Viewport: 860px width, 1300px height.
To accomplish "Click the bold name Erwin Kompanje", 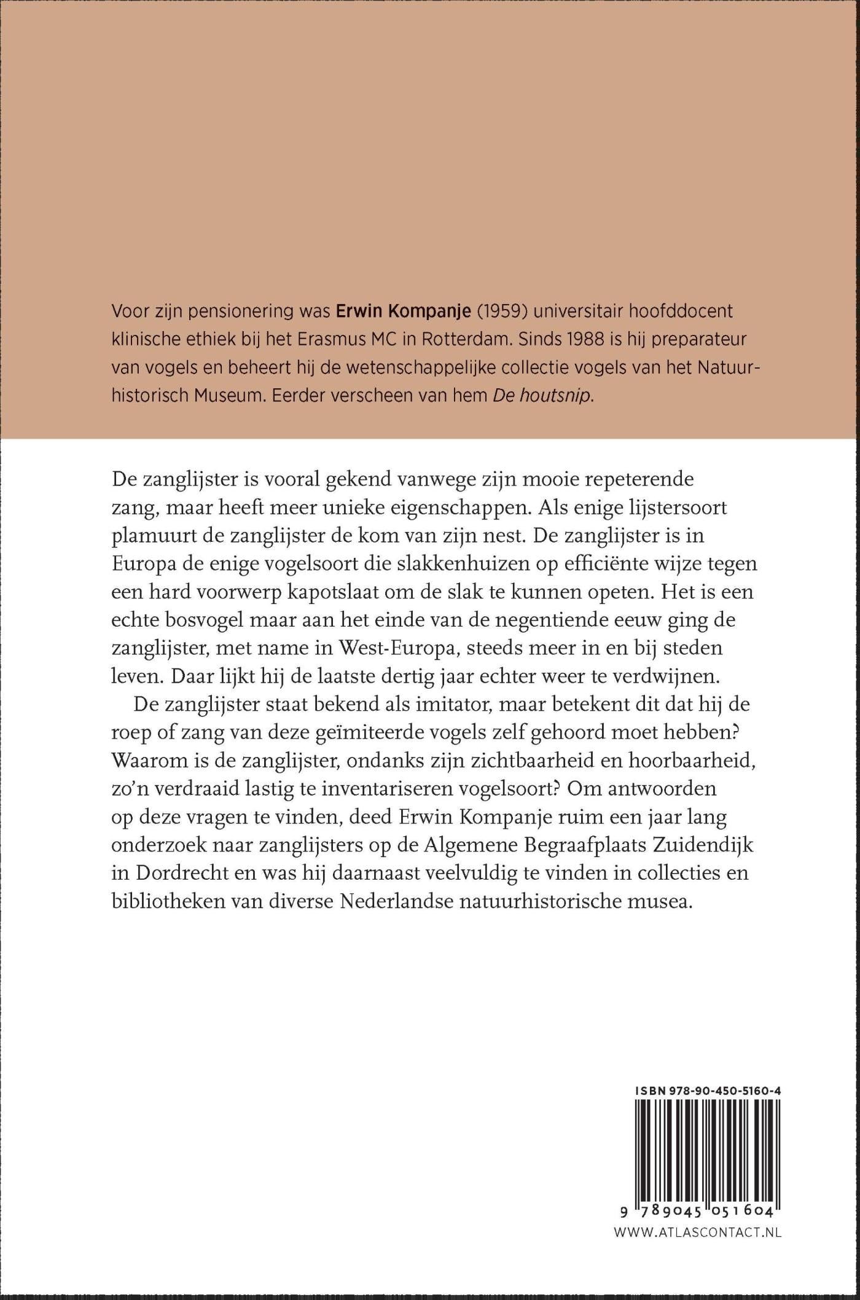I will (x=404, y=311).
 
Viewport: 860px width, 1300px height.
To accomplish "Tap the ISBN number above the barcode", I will (x=708, y=1092).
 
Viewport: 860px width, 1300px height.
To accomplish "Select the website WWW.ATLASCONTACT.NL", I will (x=698, y=1215).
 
